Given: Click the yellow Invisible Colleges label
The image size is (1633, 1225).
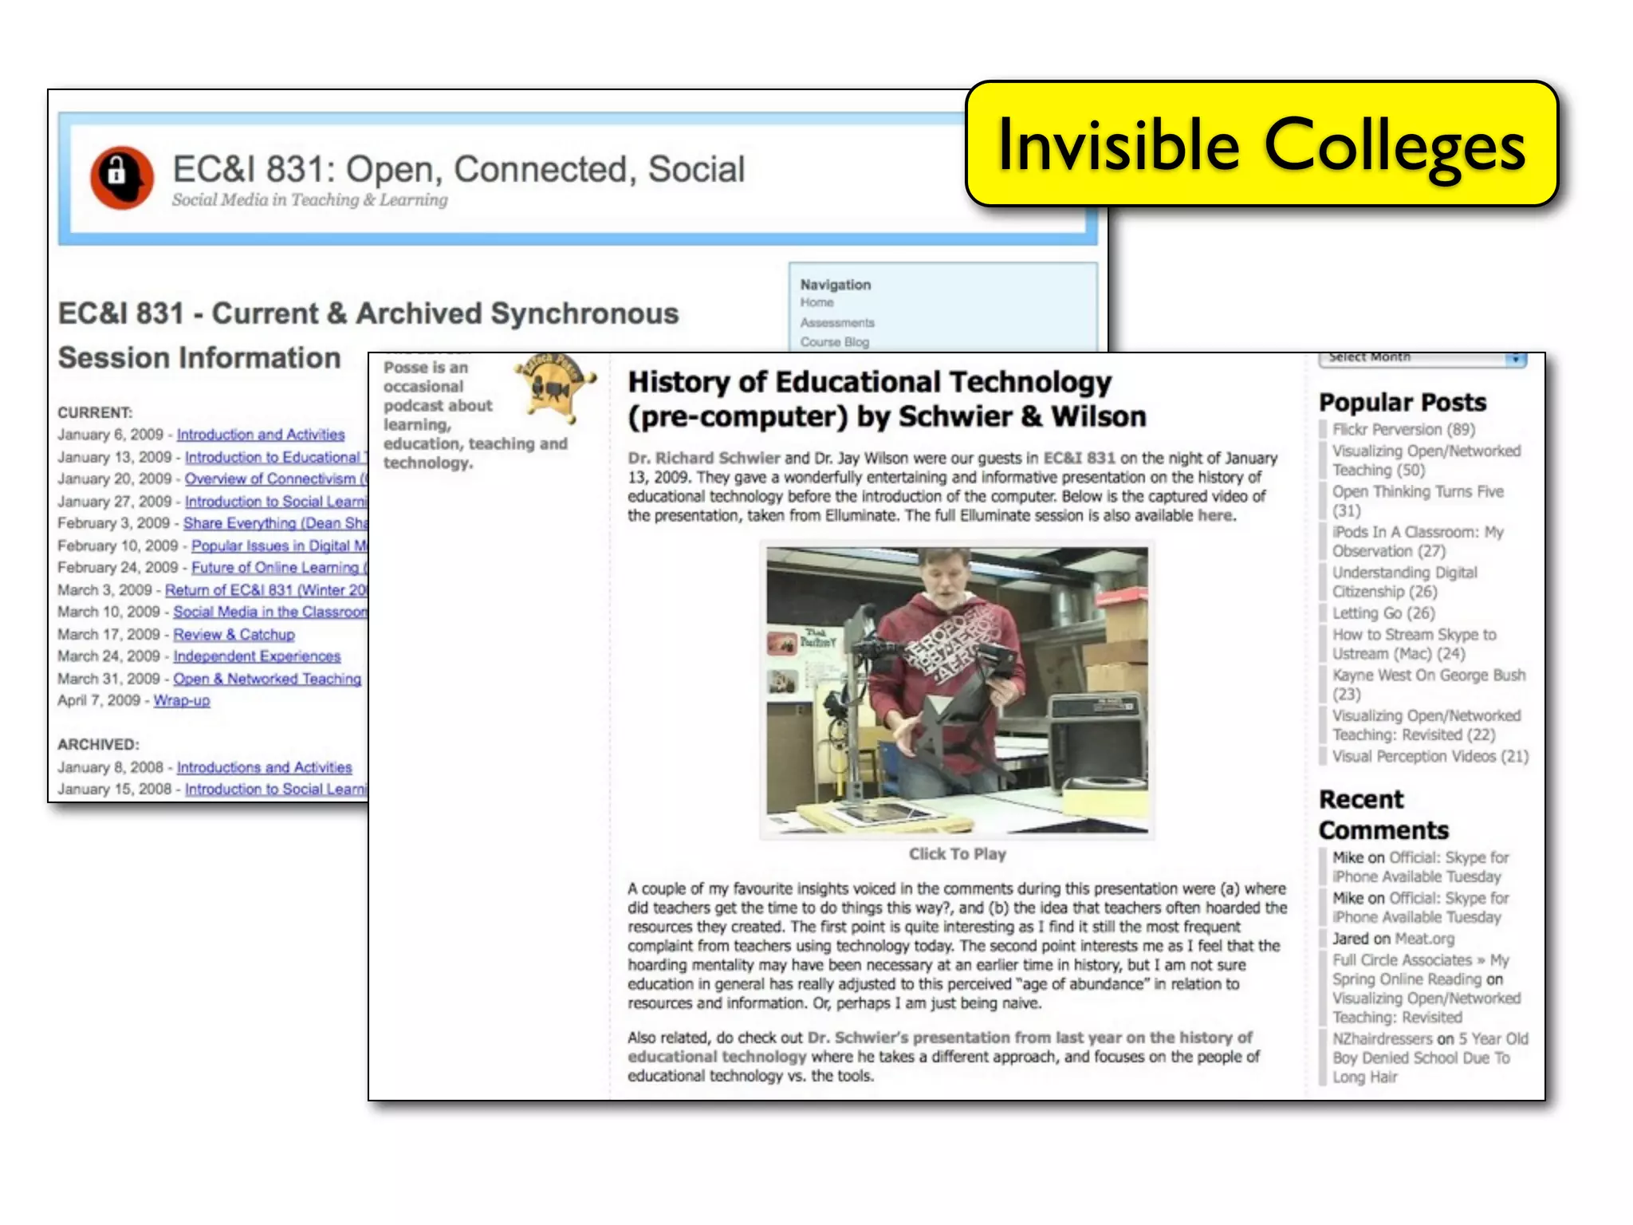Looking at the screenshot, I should coord(1261,144).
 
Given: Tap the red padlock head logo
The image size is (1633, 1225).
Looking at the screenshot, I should coord(121,176).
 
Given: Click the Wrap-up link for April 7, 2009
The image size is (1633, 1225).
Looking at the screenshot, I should coord(182,700).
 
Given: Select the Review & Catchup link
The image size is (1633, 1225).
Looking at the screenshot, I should coord(234,634).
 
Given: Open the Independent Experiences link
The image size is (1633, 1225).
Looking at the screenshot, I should coord(257,656).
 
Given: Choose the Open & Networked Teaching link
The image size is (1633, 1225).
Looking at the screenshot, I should coord(267,678).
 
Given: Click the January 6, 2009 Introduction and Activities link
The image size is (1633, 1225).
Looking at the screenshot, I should coord(261,435).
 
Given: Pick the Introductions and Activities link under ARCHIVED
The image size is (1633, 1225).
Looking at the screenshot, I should coord(264,767).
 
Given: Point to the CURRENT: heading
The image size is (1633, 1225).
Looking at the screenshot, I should coord(95,412).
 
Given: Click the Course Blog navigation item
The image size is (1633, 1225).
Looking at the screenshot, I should coord(834,342).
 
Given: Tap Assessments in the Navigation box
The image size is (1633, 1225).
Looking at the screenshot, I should coord(837,322).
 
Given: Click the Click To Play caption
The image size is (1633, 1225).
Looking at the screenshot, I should coord(957,853).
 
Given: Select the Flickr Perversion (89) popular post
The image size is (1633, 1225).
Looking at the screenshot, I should coord(1403,429).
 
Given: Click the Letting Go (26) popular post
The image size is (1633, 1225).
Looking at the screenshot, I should coord(1383,612).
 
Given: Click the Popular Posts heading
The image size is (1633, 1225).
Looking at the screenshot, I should coord(1403,402).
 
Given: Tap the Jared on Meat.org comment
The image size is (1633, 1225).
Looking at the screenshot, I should coord(1393,939).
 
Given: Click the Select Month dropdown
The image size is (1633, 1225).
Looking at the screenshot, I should coord(1422,358).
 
